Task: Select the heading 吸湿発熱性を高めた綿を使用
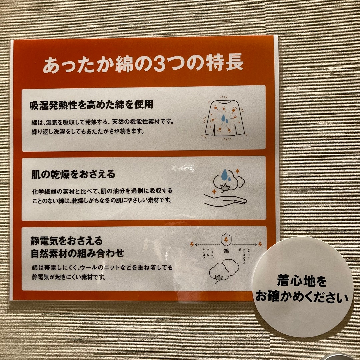click(x=92, y=105)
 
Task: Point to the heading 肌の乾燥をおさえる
click(x=73, y=174)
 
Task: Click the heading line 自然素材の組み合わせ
click(x=77, y=253)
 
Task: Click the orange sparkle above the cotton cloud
click(x=237, y=171)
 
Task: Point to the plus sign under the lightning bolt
click(x=192, y=250)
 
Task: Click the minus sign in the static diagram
click(x=260, y=250)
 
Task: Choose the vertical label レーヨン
click(x=212, y=255)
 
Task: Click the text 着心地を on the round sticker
click(x=302, y=282)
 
